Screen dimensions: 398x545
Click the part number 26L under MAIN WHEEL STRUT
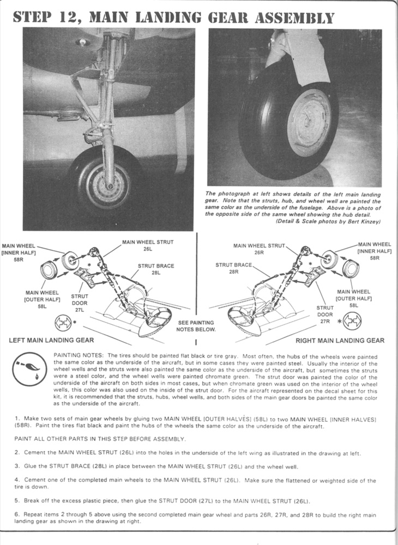147,249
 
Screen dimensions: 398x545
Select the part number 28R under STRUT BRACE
233,272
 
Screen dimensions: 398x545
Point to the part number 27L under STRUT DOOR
80,310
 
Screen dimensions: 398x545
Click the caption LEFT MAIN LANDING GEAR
51,340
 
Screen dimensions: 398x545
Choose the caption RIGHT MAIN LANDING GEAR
340,341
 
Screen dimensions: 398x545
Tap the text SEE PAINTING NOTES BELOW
196,326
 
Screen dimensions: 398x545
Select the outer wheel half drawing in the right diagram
351,269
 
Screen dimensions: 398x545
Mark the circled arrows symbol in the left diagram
63,323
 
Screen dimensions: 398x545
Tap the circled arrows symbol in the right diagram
352,321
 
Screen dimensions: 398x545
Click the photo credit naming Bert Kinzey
328,221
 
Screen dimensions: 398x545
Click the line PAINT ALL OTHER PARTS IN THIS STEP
100,439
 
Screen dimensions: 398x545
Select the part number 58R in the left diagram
19,259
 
